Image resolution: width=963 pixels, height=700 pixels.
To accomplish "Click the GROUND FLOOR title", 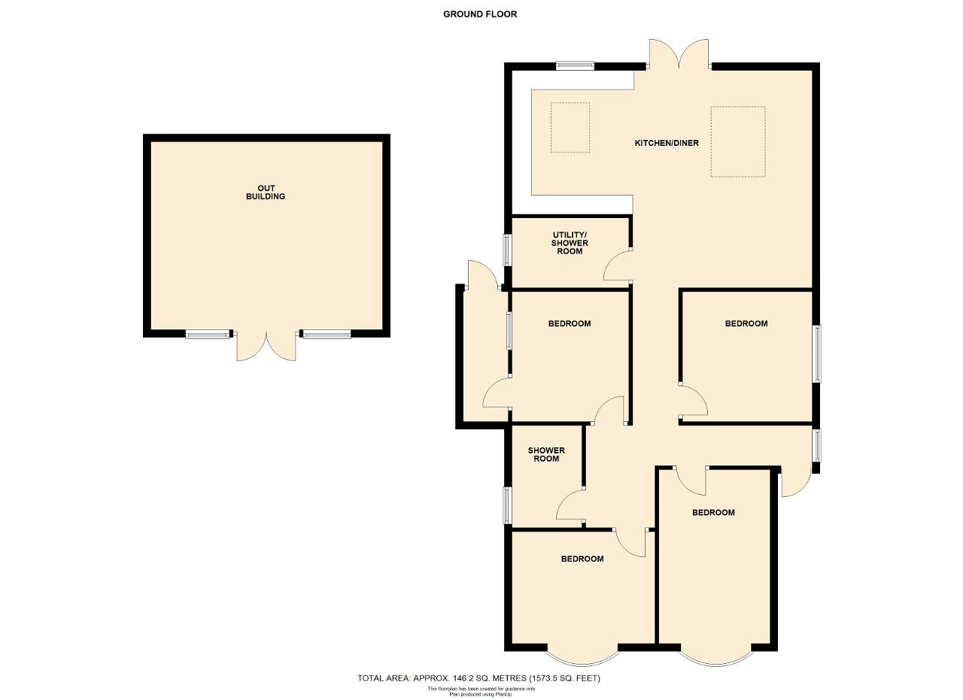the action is [x=480, y=14].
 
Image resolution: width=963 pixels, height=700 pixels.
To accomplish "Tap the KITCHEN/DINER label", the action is [x=667, y=143].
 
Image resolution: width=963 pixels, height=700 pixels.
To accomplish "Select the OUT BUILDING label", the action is [x=266, y=192].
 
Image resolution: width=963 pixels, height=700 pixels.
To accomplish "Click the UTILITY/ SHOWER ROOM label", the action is [x=570, y=243].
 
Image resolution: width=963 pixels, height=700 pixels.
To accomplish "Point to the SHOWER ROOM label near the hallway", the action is [x=546, y=455].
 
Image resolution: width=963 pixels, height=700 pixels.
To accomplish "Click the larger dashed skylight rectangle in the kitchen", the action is [x=738, y=142].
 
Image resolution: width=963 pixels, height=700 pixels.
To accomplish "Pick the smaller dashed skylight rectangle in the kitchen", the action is [x=570, y=128].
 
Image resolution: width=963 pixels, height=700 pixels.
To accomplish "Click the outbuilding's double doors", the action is [x=266, y=347].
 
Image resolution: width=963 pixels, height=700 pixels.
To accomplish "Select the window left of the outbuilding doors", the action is [x=207, y=334].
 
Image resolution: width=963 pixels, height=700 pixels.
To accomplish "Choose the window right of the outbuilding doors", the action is [x=327, y=334].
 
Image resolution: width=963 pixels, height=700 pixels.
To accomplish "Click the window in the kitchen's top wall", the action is [x=575, y=65].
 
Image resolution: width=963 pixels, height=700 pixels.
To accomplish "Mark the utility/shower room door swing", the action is [x=618, y=265].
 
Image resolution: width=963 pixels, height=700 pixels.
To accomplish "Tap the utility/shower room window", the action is [x=508, y=250].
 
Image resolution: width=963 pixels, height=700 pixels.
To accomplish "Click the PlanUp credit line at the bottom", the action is [x=481, y=694].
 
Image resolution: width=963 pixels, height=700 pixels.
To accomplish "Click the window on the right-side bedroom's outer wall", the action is [x=816, y=353].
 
